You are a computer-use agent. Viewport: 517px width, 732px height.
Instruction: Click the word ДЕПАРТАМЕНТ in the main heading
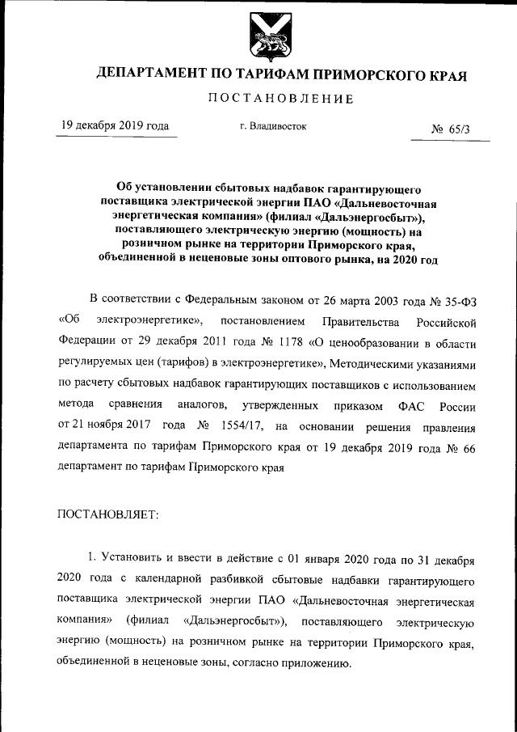150,74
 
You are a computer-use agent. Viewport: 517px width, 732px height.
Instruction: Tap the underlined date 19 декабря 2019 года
116,126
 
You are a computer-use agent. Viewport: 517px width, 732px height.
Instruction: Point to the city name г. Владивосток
273,127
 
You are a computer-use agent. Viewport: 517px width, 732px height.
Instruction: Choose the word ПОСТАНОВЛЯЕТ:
108,513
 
